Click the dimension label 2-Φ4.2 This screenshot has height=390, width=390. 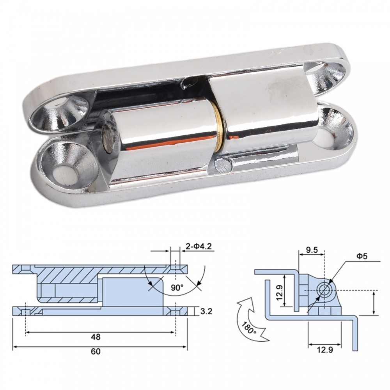coord(200,246)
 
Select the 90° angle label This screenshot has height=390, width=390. coord(176,287)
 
